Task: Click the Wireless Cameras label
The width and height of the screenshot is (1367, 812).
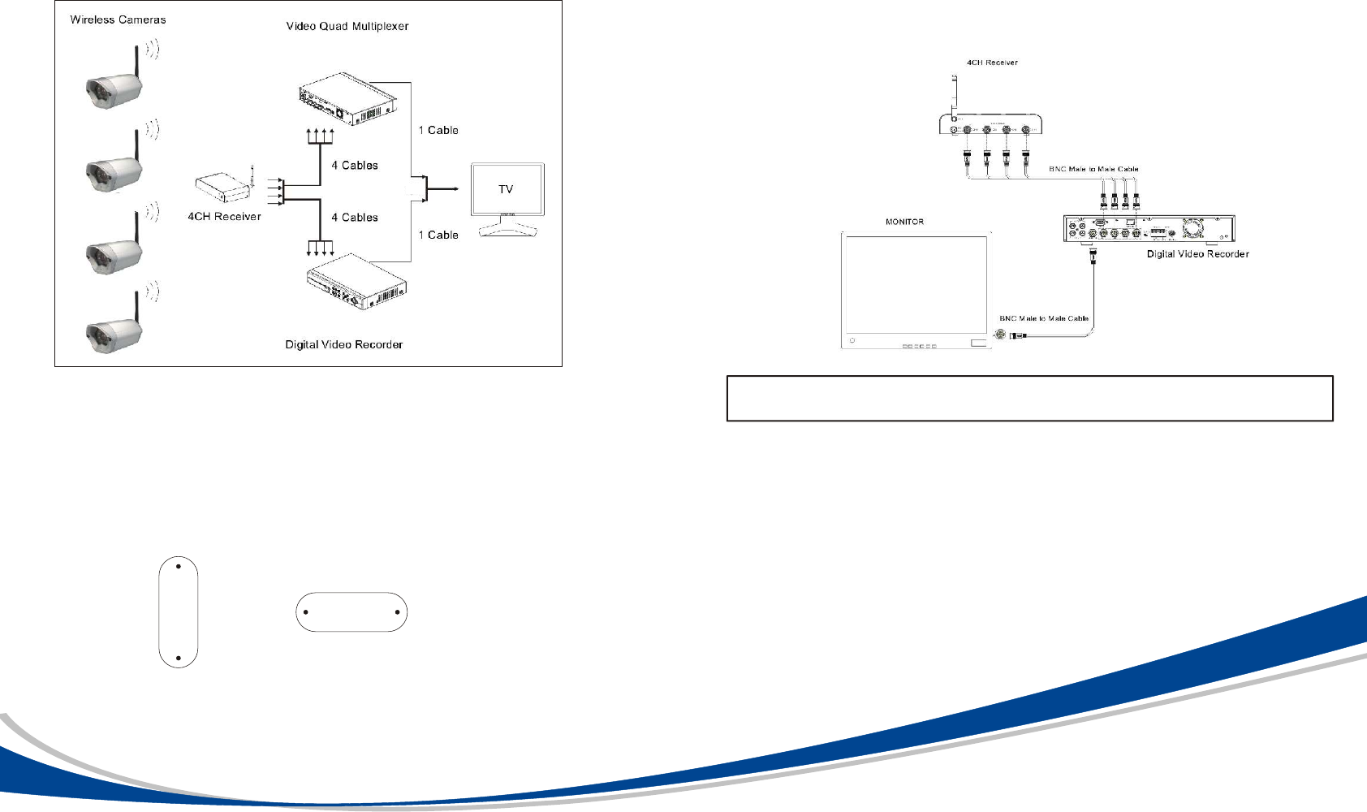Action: coord(118,19)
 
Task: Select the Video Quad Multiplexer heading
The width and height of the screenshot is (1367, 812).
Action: coord(347,26)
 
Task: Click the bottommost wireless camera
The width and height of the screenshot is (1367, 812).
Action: coord(115,330)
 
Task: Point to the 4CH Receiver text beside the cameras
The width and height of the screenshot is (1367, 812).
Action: coord(224,217)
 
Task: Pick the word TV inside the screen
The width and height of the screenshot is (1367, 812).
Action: coord(506,189)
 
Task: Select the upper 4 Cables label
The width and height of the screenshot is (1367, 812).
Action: coord(355,166)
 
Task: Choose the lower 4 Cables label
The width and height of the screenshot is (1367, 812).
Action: coord(355,218)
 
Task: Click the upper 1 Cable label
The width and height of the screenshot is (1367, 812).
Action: coord(438,130)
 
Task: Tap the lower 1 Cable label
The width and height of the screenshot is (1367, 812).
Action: coord(438,235)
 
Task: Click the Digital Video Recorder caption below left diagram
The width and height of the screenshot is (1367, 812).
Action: coord(343,344)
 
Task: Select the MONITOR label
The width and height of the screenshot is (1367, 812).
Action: coord(904,222)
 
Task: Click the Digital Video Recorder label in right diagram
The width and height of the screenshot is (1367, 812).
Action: coord(1197,254)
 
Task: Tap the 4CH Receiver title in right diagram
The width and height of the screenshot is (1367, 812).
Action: coord(992,63)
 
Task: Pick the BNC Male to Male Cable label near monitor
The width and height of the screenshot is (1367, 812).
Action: coord(1044,318)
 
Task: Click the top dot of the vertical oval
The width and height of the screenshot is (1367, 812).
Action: coord(178,566)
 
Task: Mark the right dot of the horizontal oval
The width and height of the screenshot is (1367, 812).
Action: coord(397,612)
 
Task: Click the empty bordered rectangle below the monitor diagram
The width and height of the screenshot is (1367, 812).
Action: coord(1029,398)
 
